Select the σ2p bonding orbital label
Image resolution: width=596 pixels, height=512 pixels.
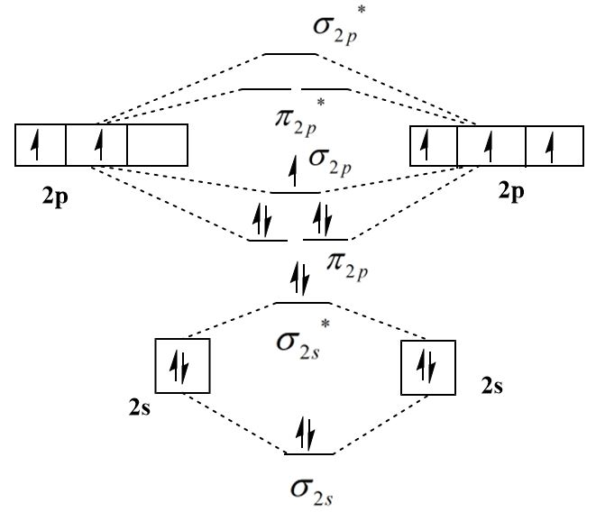[329, 160]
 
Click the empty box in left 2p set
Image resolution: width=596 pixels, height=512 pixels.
[157, 145]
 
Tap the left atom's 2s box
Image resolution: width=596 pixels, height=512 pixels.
[183, 366]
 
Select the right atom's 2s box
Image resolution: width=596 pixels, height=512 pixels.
[426, 367]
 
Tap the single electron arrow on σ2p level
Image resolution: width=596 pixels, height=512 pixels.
[292, 172]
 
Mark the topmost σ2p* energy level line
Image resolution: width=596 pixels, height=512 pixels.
[290, 54]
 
